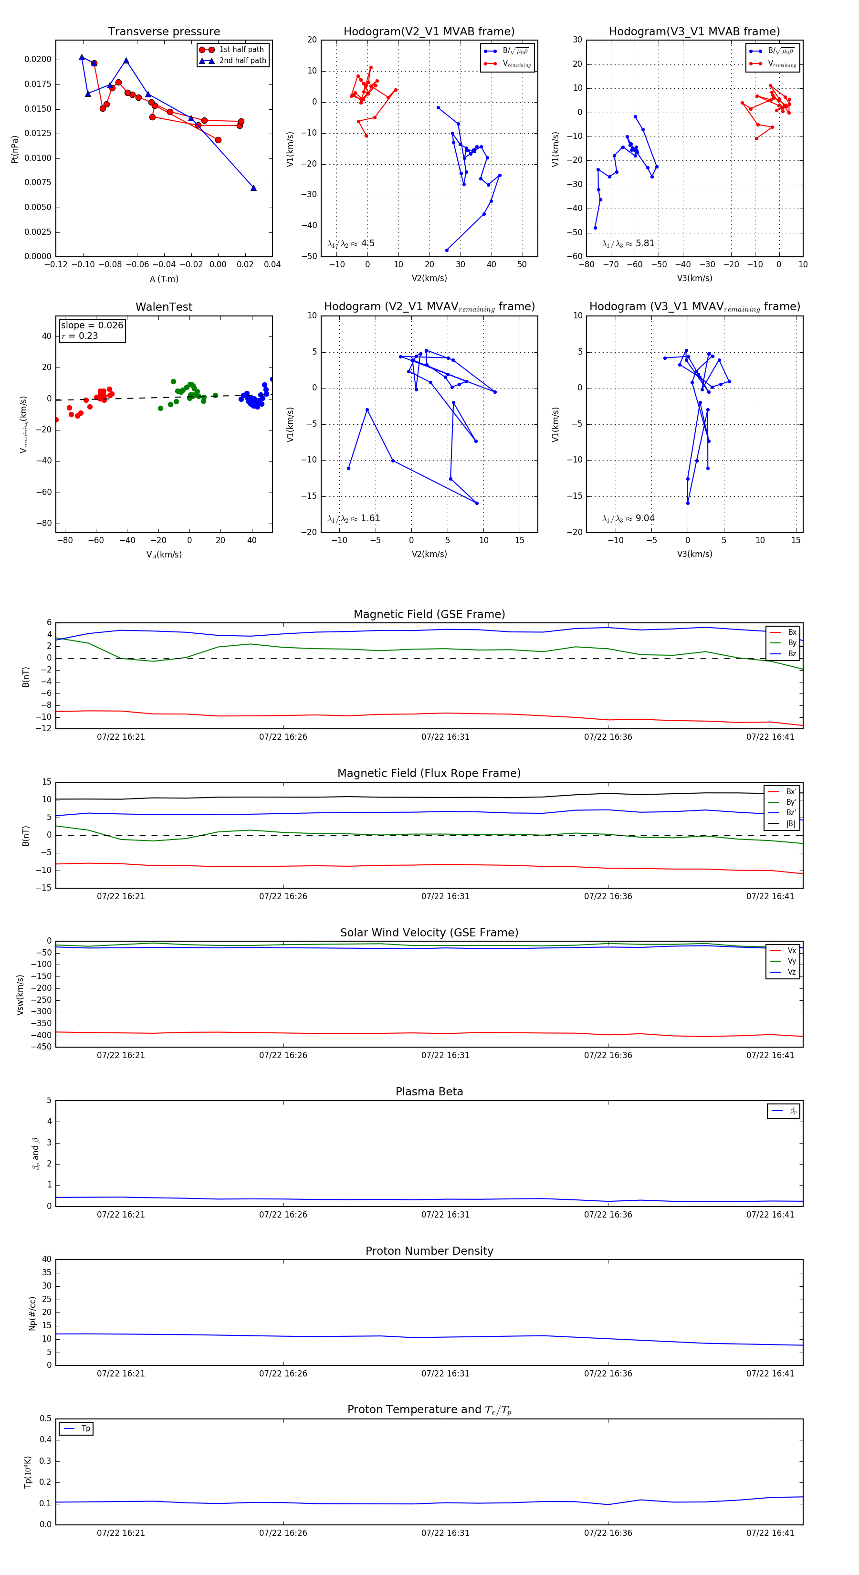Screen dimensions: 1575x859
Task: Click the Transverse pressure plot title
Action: [x=164, y=32]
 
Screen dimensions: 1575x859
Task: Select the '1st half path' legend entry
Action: [x=241, y=50]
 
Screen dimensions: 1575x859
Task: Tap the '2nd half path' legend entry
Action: [x=242, y=61]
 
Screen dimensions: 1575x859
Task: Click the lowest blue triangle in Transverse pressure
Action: [x=253, y=188]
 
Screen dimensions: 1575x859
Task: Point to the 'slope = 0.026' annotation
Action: [x=92, y=325]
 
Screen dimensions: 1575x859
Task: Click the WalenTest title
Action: [x=164, y=307]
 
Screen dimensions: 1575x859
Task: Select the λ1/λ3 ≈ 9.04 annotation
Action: [x=628, y=518]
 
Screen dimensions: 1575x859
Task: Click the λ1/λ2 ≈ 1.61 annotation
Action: [x=353, y=518]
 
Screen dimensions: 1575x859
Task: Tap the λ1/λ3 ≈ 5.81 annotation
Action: [x=628, y=243]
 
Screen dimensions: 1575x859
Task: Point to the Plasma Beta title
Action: [x=429, y=1092]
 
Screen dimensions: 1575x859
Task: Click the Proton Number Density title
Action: [x=429, y=1251]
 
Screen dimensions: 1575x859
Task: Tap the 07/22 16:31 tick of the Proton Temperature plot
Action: [x=445, y=1533]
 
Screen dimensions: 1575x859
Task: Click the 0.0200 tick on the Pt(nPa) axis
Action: [x=38, y=59]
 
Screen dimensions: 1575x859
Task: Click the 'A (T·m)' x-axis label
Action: [x=164, y=279]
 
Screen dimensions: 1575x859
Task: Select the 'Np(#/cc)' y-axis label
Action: [x=32, y=1313]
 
